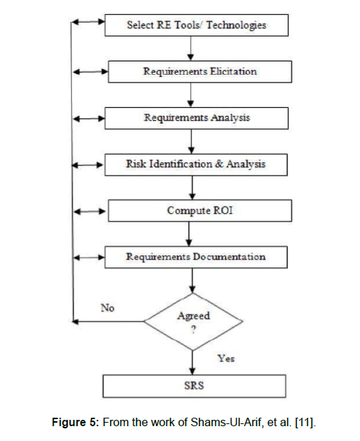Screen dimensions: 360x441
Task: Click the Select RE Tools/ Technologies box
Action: [x=196, y=25]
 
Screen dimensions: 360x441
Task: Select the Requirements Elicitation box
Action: [x=200, y=72]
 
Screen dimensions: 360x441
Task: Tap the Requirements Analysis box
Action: [x=196, y=118]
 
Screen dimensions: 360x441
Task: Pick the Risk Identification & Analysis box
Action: [x=196, y=164]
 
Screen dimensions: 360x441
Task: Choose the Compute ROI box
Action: [x=200, y=211]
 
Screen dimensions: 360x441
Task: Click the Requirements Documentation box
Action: [x=196, y=257]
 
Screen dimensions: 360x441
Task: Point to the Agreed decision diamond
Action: [x=193, y=322]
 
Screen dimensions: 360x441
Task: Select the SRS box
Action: [x=194, y=386]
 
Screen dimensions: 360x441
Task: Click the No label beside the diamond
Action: [x=107, y=308]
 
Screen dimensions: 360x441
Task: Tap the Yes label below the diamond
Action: [x=226, y=358]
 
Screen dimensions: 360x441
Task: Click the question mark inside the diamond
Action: [x=193, y=330]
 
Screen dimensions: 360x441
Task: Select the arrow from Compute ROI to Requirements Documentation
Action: [x=189, y=234]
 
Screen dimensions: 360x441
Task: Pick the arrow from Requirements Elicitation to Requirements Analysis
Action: [x=191, y=95]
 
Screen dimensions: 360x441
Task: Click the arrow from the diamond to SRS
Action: [x=193, y=363]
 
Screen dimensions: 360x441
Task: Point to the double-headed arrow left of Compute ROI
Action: [x=90, y=211]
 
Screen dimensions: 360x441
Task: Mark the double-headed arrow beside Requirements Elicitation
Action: [x=90, y=72]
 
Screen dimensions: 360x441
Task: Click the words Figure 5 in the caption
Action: [x=75, y=423]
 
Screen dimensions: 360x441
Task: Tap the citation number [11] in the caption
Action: [x=304, y=423]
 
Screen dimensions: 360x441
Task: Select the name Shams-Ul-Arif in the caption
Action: [x=226, y=423]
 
